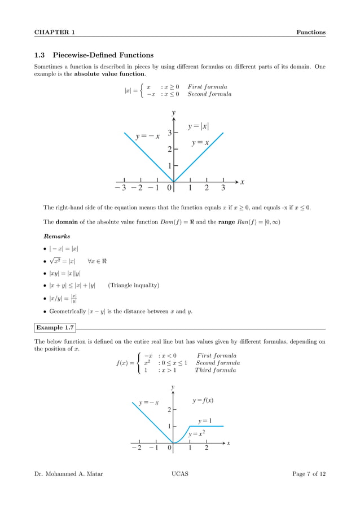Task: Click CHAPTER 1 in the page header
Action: pyautogui.click(x=55, y=32)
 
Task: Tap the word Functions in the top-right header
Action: pyautogui.click(x=311, y=32)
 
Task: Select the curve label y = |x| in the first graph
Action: pyautogui.click(x=202, y=126)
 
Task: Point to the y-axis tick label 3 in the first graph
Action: pyautogui.click(x=169, y=133)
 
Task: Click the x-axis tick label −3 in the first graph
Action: pyautogui.click(x=120, y=188)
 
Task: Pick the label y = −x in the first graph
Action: pyautogui.click(x=147, y=137)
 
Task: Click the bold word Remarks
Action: pyautogui.click(x=56, y=236)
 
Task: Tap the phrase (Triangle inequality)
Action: pyautogui.click(x=133, y=286)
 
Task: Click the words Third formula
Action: pyautogui.click(x=216, y=370)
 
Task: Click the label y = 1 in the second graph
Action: pyautogui.click(x=205, y=420)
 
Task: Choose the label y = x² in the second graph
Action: pyautogui.click(x=196, y=434)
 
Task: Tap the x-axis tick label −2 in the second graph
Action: pyautogui.click(x=136, y=448)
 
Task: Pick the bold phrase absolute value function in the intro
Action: pyautogui.click(x=109, y=74)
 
